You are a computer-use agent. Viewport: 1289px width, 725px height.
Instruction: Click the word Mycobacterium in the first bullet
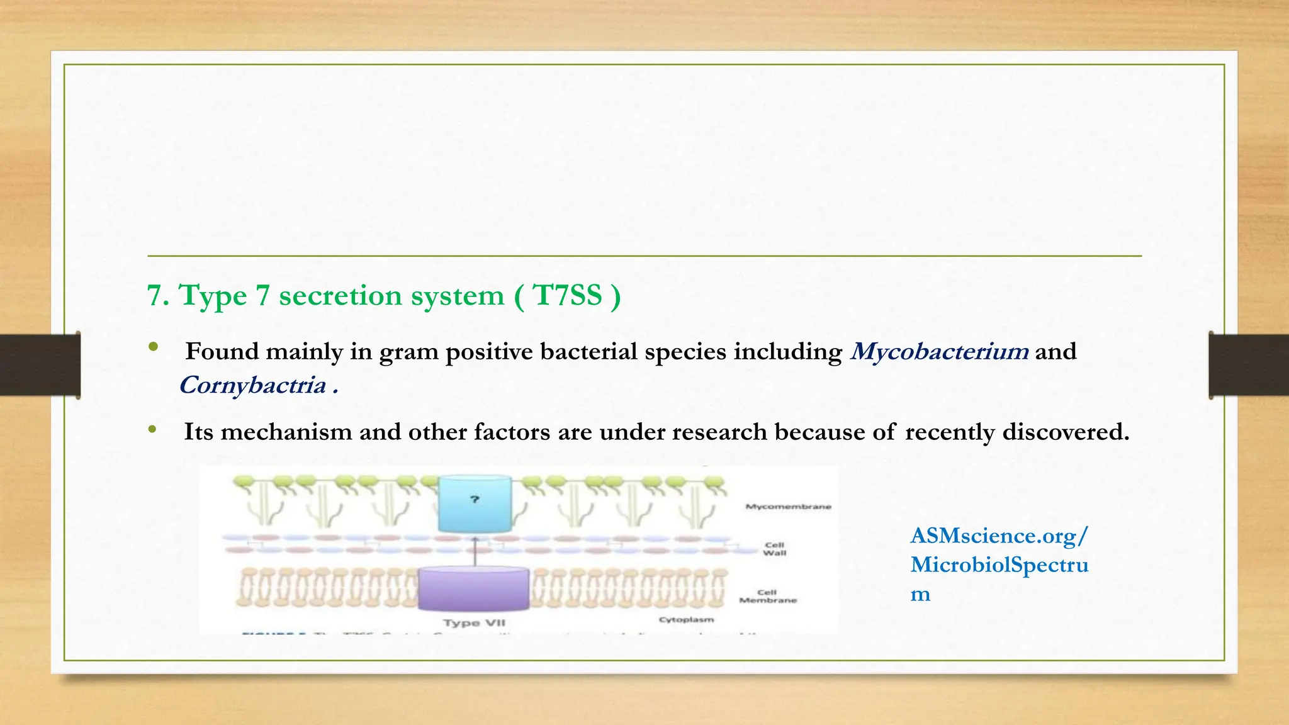(x=939, y=351)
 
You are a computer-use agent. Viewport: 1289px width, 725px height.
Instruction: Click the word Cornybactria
(x=252, y=385)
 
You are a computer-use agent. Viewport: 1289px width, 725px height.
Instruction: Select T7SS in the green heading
(x=567, y=295)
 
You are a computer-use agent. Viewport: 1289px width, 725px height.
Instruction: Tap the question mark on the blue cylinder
(x=475, y=500)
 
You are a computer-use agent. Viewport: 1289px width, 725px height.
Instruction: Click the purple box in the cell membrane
(x=474, y=589)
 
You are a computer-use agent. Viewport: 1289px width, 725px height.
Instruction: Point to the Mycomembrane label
(x=788, y=507)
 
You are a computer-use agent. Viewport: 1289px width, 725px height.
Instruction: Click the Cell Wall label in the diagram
(x=774, y=549)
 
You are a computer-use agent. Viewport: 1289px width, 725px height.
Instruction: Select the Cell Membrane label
(x=767, y=597)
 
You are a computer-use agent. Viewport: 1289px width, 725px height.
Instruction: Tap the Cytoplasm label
(x=686, y=620)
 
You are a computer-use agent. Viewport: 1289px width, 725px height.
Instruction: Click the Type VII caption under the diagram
(x=474, y=623)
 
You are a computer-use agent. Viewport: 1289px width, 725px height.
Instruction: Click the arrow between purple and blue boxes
(x=475, y=552)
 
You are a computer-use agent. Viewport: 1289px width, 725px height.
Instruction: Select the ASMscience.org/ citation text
(x=998, y=536)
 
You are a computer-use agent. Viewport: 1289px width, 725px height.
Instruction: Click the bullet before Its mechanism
(x=152, y=430)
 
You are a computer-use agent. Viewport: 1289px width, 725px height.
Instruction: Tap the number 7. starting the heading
(x=158, y=295)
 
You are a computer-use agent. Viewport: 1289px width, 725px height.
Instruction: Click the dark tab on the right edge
(x=1249, y=365)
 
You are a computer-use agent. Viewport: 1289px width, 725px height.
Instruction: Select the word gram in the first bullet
(x=408, y=351)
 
